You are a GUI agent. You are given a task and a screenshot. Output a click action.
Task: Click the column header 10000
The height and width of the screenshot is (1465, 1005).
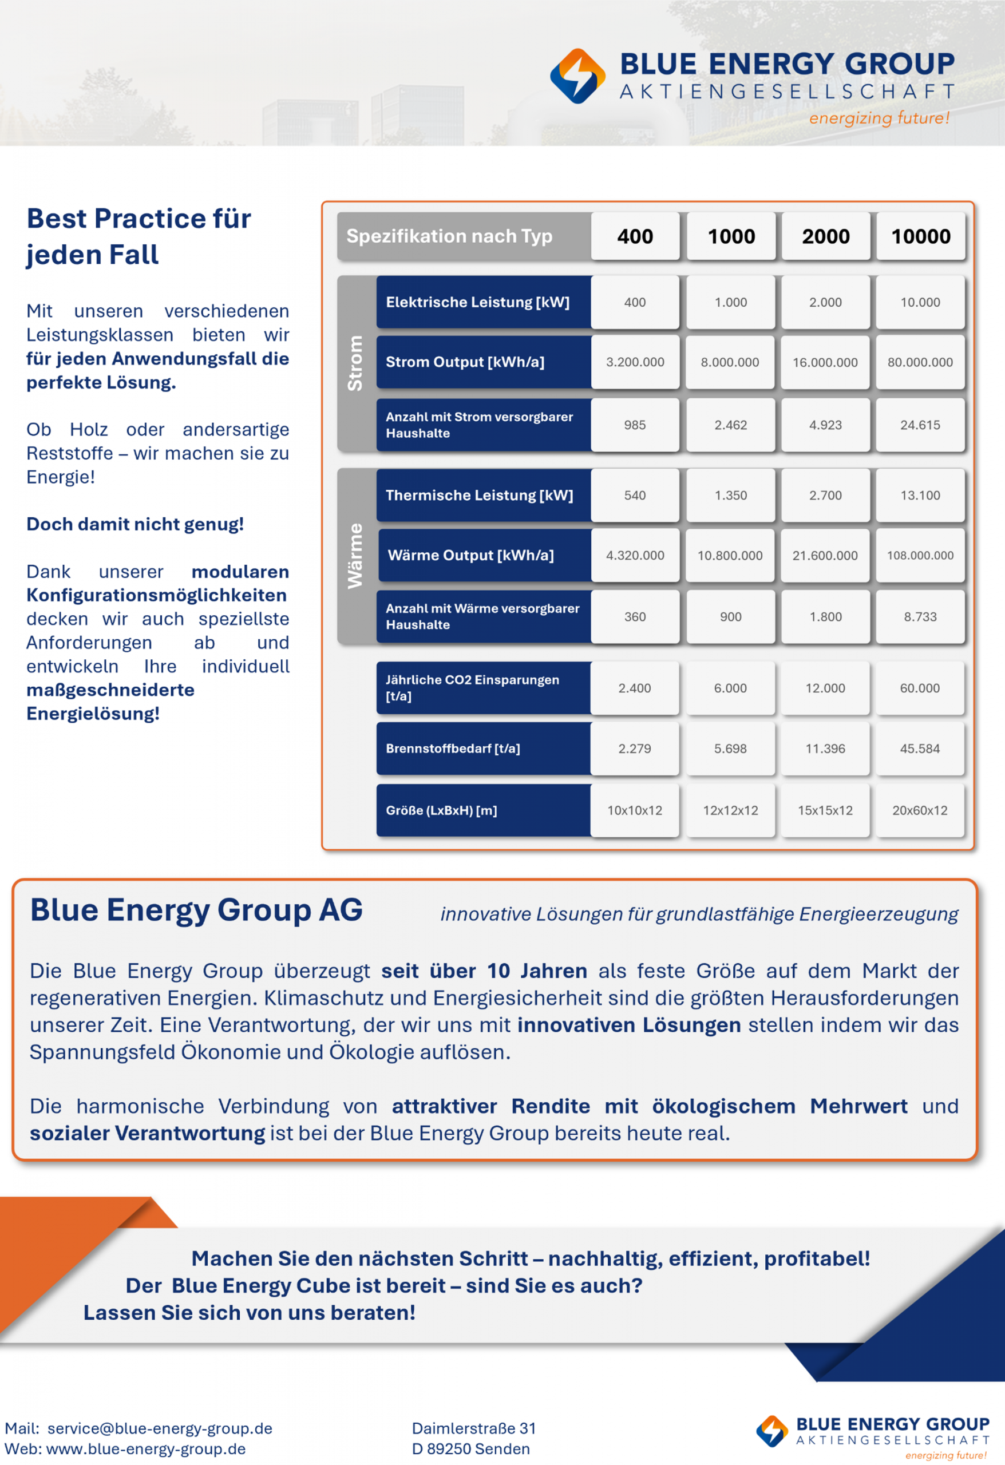coord(920,236)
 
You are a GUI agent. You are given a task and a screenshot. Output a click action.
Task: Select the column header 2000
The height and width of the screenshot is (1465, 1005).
coord(825,236)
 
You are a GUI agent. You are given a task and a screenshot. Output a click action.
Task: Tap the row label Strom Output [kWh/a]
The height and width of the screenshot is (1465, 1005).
coord(465,362)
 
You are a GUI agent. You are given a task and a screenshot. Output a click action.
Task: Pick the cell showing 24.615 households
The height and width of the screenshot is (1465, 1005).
coord(920,425)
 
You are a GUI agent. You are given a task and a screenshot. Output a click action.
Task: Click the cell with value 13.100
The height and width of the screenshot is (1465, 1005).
coord(920,496)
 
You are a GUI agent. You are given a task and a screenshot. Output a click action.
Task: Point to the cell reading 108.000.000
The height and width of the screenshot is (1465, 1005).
coord(920,555)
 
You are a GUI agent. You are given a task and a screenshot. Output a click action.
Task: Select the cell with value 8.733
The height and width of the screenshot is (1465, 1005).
coord(920,616)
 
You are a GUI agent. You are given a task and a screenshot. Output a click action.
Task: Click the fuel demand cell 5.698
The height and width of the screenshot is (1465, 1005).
coord(730,749)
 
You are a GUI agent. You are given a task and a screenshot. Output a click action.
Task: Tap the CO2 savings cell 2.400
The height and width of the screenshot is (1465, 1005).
coord(634,688)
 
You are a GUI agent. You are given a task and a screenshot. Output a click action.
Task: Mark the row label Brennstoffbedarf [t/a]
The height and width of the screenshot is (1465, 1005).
coord(453,749)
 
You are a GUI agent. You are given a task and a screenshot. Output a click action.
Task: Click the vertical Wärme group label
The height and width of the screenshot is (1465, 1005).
coord(355,555)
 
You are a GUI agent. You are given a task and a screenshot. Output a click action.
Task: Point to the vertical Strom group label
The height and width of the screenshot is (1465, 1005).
coord(355,362)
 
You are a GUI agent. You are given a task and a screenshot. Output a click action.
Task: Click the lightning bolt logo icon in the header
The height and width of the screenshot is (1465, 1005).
coord(577,76)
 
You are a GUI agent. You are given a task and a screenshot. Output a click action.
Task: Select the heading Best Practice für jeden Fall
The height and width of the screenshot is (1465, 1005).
coord(139,236)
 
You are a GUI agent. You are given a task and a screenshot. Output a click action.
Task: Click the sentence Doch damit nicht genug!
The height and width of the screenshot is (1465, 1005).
coord(135,524)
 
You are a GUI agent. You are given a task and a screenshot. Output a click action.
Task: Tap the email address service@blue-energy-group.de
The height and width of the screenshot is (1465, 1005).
coord(160,1428)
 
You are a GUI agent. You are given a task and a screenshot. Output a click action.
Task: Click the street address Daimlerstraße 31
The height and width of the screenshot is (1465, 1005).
coord(473,1428)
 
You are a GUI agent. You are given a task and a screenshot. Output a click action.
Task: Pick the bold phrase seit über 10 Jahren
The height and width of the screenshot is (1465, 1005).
coord(484,971)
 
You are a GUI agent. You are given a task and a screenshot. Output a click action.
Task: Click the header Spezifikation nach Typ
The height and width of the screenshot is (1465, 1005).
coord(449,236)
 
